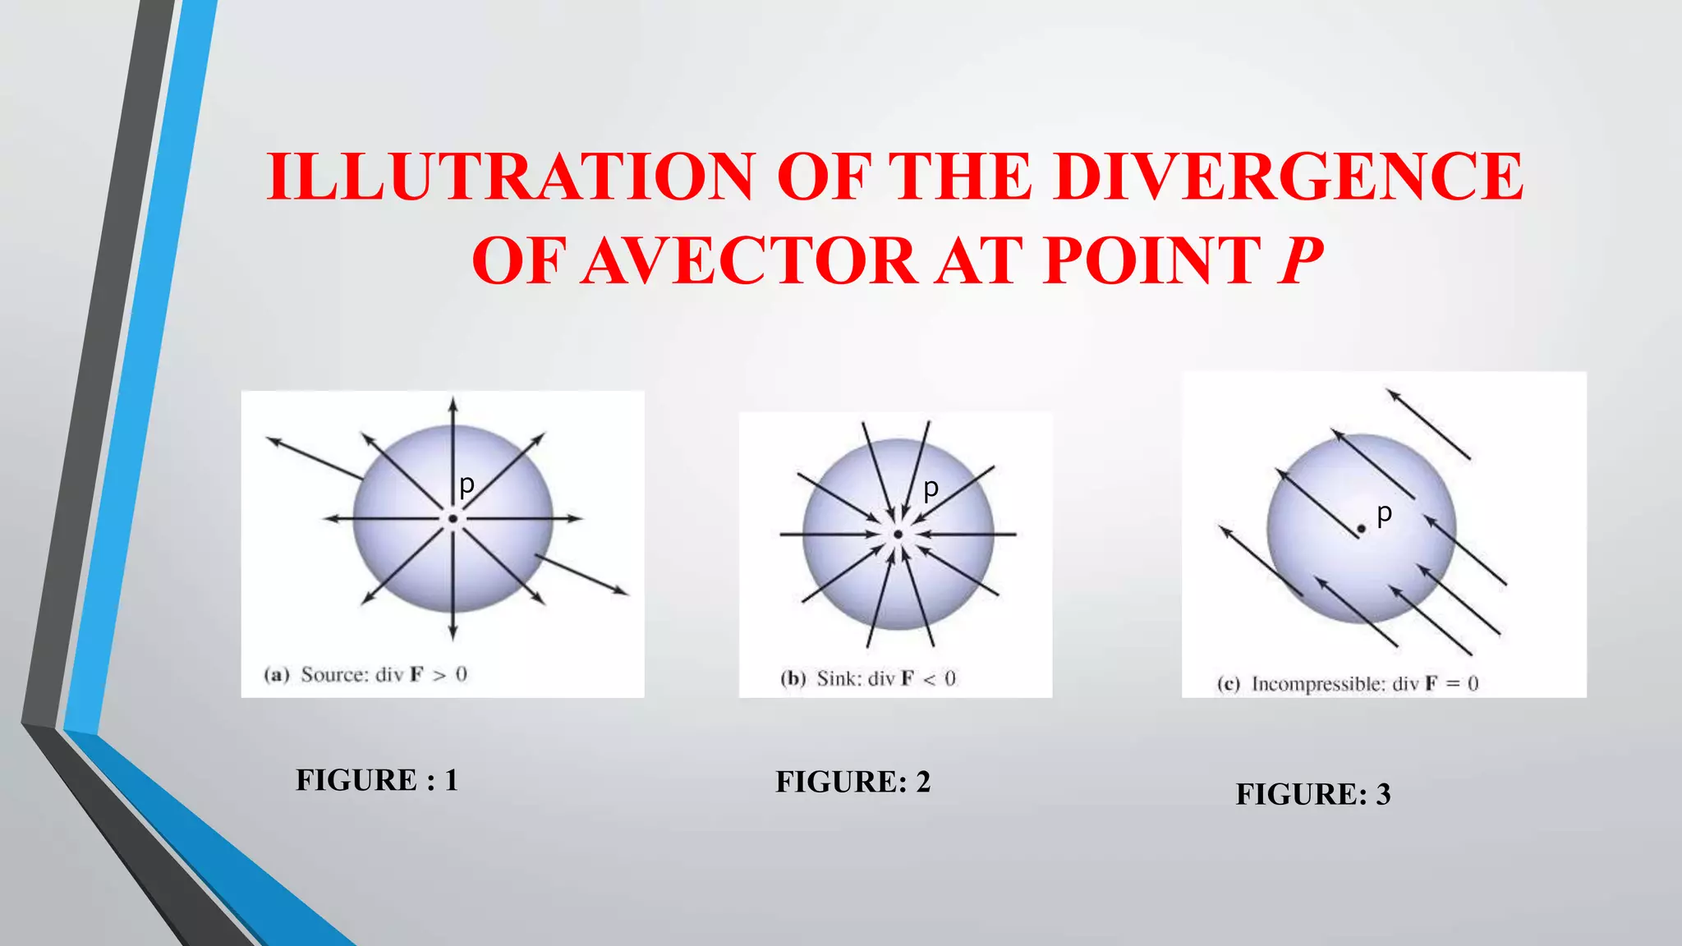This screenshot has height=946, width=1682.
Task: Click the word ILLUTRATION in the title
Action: [510, 177]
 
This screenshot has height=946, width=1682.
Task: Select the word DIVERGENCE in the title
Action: [1289, 177]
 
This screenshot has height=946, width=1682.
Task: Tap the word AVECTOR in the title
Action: [748, 261]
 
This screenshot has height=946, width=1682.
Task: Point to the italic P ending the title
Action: [1300, 261]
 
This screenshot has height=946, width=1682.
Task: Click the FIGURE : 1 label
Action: [377, 780]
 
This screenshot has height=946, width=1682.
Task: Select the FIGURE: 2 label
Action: [853, 782]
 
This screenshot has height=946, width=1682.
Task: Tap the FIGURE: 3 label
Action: [1313, 794]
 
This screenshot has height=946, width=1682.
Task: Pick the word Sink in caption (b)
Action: [839, 679]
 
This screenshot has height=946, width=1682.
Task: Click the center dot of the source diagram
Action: [453, 519]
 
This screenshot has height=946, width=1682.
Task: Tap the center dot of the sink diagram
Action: [898, 535]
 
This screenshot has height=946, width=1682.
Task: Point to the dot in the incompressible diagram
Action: [1361, 530]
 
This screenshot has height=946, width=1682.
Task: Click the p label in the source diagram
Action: [466, 485]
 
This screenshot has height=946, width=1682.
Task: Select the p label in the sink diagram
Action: [931, 489]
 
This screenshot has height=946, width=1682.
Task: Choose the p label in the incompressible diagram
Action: [1385, 513]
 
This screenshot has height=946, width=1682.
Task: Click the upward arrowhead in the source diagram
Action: [453, 404]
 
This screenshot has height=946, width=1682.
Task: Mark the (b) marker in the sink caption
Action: [793, 679]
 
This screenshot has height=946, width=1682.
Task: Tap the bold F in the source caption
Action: [417, 675]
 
